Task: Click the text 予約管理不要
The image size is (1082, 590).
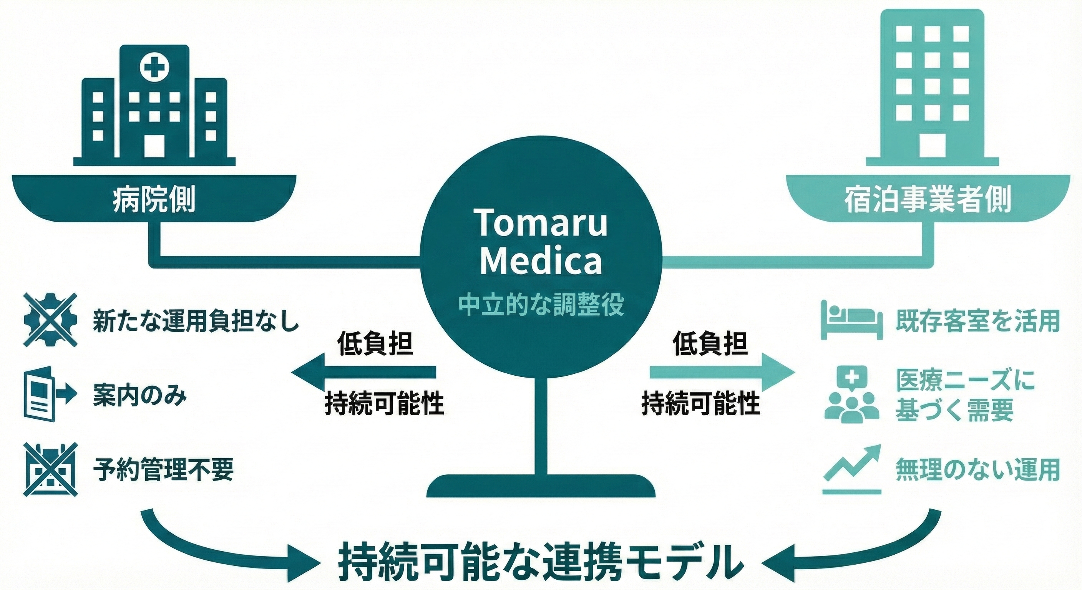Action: pos(163,469)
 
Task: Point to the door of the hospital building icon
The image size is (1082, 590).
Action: pos(154,145)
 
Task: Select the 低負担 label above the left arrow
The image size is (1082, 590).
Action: pos(375,344)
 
